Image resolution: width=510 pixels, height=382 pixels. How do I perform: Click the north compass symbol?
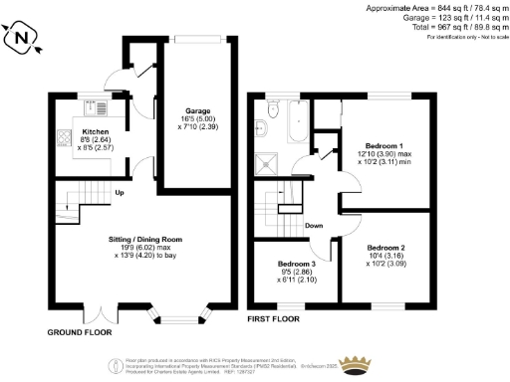coord(21,39)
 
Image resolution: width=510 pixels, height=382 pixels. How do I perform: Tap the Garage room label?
coord(194,110)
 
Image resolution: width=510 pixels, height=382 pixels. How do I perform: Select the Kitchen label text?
coord(95,131)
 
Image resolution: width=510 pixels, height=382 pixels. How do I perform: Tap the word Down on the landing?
coord(314,225)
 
